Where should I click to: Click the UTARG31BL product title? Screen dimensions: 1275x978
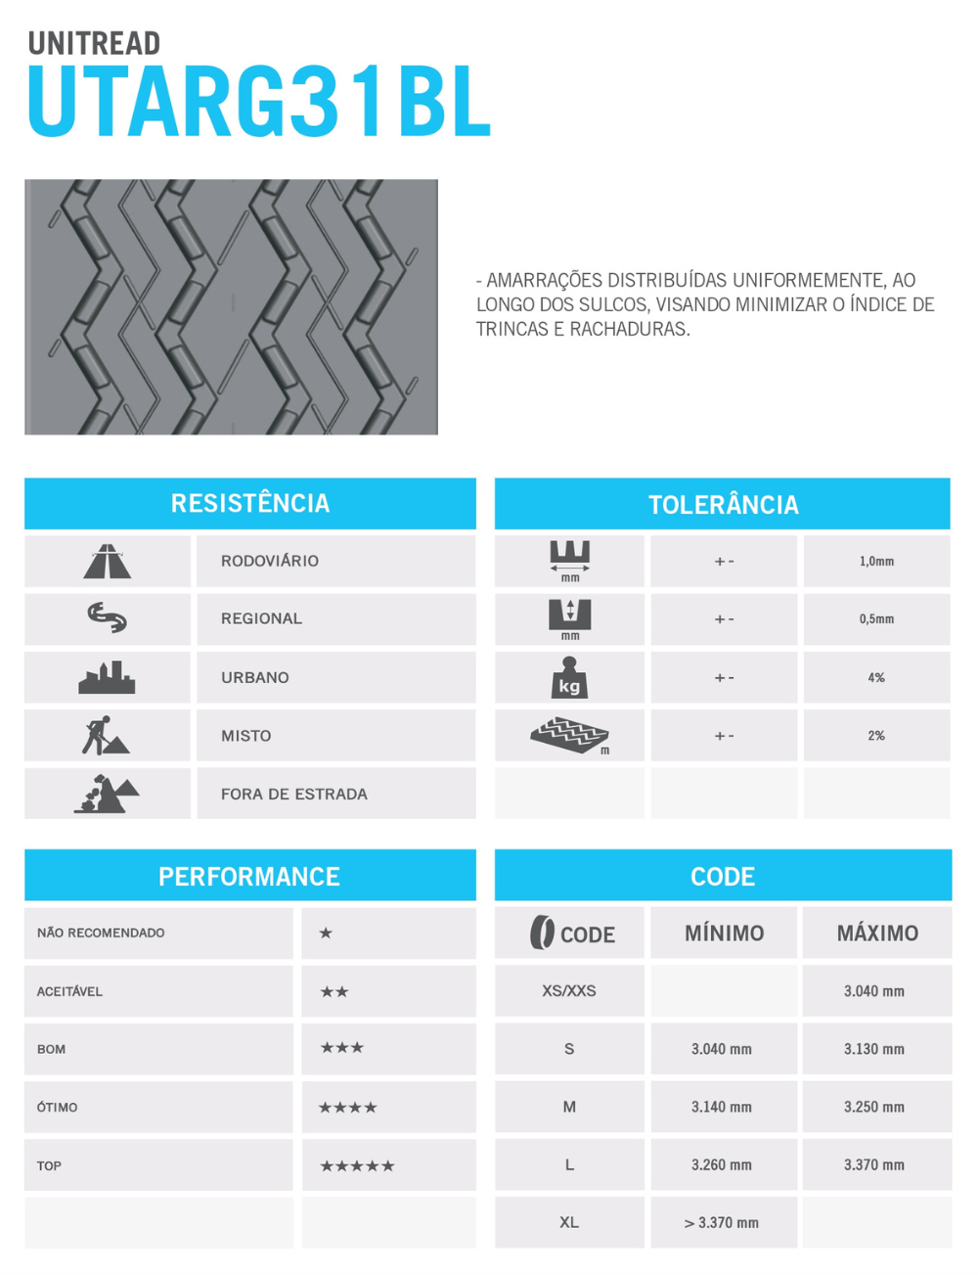[259, 102]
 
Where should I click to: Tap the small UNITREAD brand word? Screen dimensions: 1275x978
[94, 43]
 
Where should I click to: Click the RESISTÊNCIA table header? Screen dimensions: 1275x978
[250, 503]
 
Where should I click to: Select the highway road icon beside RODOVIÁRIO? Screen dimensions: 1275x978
[108, 562]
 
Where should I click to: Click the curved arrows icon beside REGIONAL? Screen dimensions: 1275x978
[107, 617]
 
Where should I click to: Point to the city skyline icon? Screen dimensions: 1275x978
[107, 677]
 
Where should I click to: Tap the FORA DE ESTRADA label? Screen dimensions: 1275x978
[293, 795]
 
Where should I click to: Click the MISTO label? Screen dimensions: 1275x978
[245, 736]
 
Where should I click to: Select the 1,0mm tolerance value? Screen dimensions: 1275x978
[876, 562]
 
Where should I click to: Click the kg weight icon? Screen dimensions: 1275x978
[569, 677]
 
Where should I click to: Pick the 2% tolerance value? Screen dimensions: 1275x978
[876, 736]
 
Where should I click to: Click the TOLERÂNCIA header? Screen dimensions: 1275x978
[723, 505]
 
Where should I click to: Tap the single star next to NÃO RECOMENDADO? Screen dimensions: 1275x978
[326, 933]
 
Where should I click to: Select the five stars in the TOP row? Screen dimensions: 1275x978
[357, 1166]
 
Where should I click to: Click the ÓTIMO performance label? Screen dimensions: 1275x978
[57, 1108]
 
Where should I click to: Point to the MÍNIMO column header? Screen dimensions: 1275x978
[724, 933]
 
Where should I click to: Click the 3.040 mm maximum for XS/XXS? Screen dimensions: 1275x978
[873, 991]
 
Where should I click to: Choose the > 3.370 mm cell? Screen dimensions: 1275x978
[722, 1223]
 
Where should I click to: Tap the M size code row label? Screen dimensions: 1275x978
[569, 1107]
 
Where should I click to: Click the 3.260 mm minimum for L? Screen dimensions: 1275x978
[722, 1165]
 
